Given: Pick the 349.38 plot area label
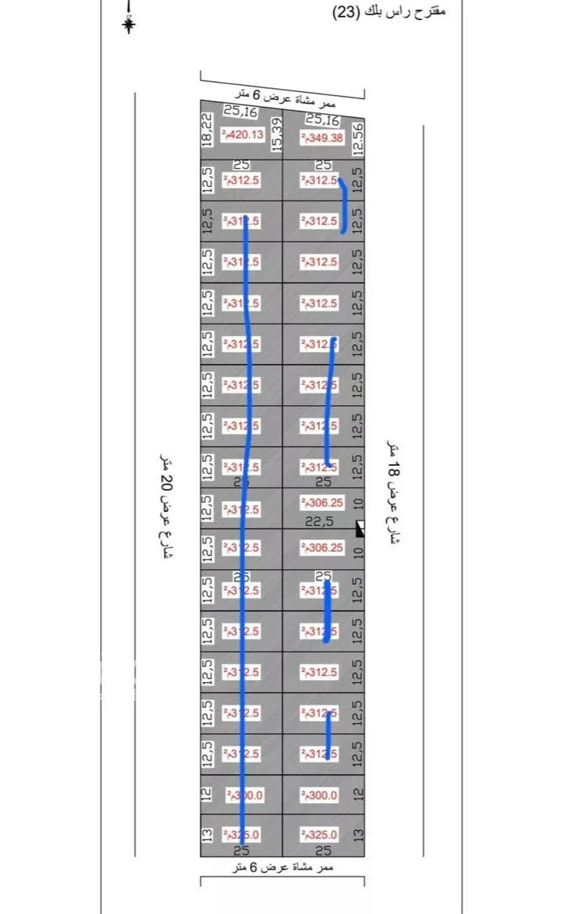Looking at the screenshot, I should [x=320, y=138].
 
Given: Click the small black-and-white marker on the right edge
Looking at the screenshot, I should [x=360, y=529].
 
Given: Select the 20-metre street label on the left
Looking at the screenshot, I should [x=165, y=507].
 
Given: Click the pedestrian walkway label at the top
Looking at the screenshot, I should [x=287, y=98].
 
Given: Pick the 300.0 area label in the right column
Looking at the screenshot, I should [x=320, y=795].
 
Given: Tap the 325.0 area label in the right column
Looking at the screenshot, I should [x=320, y=835].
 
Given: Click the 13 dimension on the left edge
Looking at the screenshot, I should [x=207, y=835].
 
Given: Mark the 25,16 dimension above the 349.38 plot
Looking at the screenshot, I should [x=322, y=119].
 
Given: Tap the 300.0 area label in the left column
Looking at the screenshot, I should [x=244, y=795].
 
